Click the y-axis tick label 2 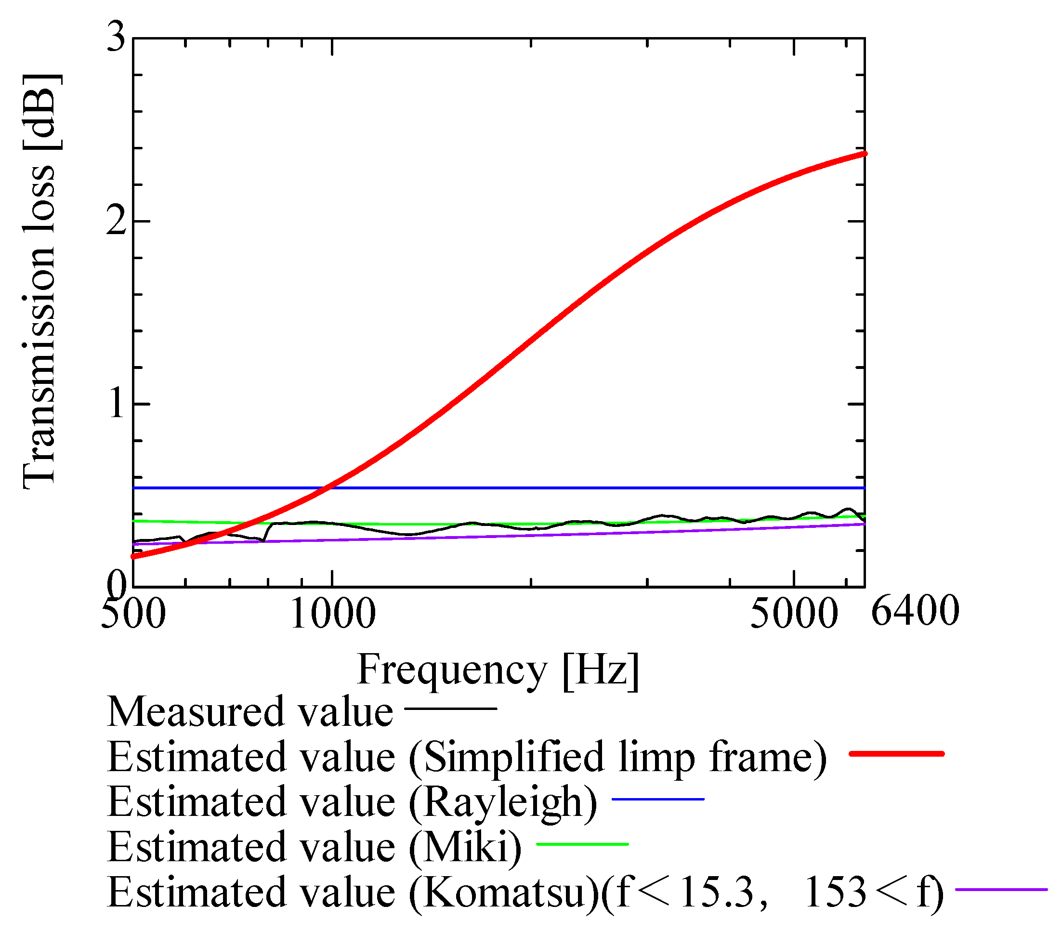coord(116,221)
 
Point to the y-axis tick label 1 coord(117,404)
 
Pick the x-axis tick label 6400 coord(915,611)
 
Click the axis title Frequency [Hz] coord(498,670)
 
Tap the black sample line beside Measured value coord(450,708)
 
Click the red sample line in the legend coord(896,753)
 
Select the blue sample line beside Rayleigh coord(658,799)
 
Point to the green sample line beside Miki coord(582,844)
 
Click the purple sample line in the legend coord(1001,890)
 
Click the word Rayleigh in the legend coord(502,802)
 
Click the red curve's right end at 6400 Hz coord(864,154)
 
